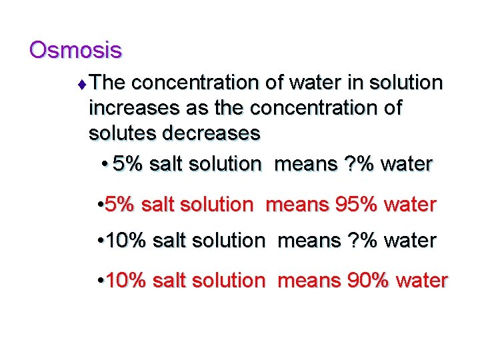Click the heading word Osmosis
click(75, 49)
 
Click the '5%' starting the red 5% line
click(119, 205)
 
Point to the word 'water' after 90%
click(422, 281)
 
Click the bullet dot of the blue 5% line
click(106, 163)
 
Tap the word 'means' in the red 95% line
click(293, 205)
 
